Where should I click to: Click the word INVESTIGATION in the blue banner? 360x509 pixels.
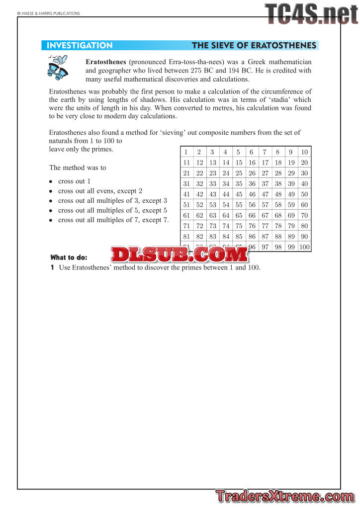coord(80,46)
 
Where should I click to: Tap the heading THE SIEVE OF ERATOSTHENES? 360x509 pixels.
coord(254,46)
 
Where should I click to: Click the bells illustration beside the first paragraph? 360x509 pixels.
coord(59,69)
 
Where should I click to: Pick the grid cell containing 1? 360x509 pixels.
coord(185,152)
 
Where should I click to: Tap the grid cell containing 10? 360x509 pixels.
coord(304,152)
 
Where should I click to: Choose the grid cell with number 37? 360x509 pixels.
coord(265,183)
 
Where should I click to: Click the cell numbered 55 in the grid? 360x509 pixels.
coord(239,204)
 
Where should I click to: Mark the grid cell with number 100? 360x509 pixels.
coord(304,247)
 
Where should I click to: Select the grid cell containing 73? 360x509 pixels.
coord(212,226)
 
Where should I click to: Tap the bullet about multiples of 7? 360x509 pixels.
coord(113,220)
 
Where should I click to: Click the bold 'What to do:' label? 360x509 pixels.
coord(69,257)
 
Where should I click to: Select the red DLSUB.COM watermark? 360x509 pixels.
coord(179,254)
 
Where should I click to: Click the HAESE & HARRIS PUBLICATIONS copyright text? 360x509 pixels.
coord(48,13)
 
